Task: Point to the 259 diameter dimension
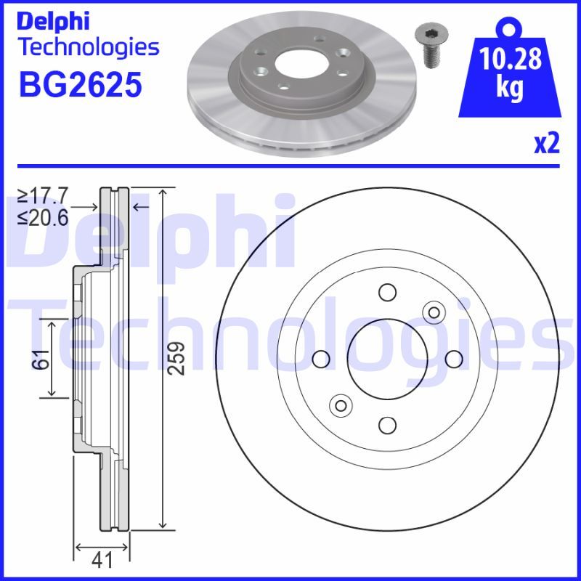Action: [x=177, y=358]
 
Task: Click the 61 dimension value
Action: [x=41, y=358]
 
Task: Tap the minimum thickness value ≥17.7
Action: [x=43, y=195]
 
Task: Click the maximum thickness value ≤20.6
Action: [x=43, y=216]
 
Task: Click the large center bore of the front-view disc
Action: [x=386, y=358]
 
